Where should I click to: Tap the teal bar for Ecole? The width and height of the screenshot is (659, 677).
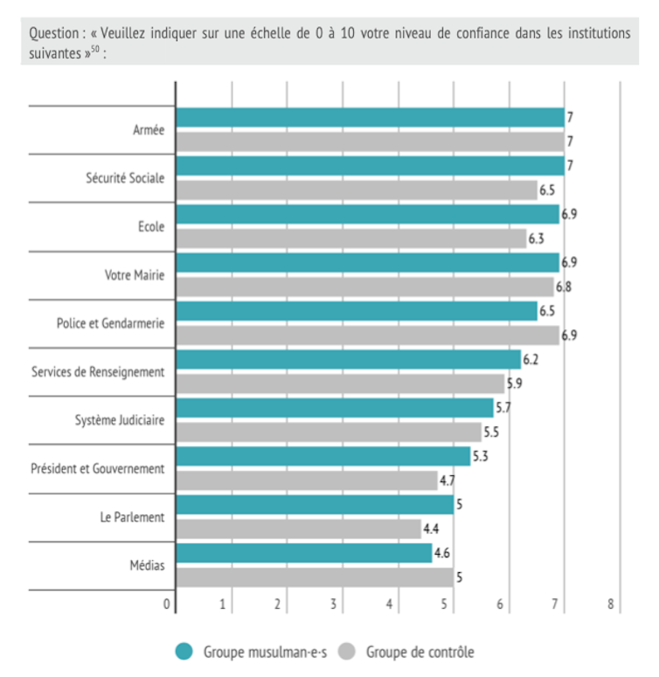pos(367,214)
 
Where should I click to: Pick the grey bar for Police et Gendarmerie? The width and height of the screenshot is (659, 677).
pos(367,335)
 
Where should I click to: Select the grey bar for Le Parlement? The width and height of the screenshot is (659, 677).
pos(298,528)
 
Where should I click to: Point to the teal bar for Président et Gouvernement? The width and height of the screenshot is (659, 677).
pos(323,456)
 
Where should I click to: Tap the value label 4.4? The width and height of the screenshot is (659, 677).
pos(431,528)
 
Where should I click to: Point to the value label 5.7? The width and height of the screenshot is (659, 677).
pos(503,408)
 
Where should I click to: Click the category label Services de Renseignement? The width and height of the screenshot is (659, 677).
pos(98,372)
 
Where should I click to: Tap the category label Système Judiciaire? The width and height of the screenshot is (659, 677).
pos(121,420)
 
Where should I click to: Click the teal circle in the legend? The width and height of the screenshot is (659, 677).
pos(184,651)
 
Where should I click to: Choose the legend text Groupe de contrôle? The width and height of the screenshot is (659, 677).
pos(420,652)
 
